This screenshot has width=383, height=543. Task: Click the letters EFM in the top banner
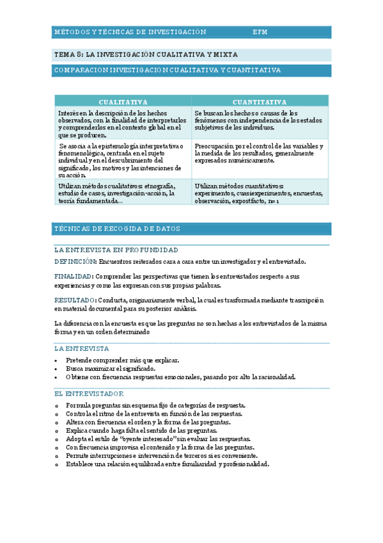click(x=260, y=31)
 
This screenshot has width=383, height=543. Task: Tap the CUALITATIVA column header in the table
click(x=123, y=102)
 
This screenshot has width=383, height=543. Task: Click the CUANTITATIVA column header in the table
click(x=260, y=102)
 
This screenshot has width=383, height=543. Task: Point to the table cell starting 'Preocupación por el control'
click(x=260, y=154)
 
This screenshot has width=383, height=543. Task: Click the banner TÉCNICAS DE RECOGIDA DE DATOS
click(x=118, y=229)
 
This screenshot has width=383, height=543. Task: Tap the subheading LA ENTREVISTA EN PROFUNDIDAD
click(x=116, y=250)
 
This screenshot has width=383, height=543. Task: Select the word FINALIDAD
click(x=73, y=276)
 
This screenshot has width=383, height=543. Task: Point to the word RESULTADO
click(x=74, y=300)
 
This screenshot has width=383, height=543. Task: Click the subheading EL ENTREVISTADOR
click(x=90, y=393)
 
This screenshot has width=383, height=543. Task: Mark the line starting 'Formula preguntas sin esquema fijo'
click(x=156, y=405)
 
